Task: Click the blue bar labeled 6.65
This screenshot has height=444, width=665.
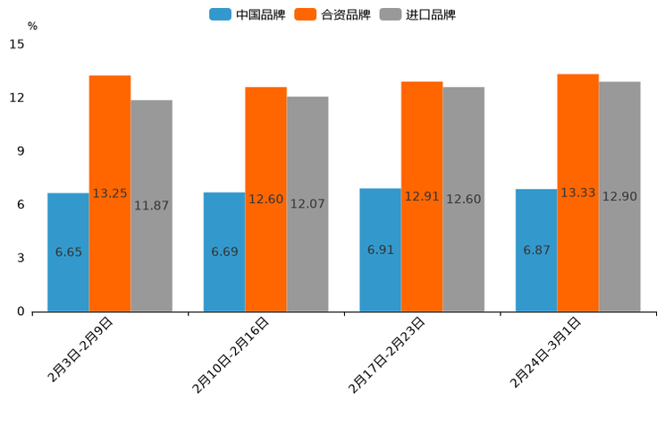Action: [x=68, y=252]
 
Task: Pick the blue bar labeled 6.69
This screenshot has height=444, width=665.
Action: [x=224, y=252]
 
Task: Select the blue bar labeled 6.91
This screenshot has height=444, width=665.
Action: [x=380, y=251]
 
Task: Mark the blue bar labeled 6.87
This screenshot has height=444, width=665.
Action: [x=536, y=251]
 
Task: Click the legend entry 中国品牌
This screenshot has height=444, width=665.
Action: [x=248, y=14]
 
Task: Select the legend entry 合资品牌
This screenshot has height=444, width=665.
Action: [x=332, y=14]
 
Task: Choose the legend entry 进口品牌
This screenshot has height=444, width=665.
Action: [x=417, y=14]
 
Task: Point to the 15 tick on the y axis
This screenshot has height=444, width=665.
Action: [x=19, y=44]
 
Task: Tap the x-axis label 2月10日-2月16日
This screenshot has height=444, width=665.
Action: [x=231, y=355]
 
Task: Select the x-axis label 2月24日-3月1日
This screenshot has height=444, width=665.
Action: [x=545, y=353]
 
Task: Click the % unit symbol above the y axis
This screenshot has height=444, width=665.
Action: [x=32, y=26]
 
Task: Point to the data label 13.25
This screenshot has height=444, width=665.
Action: [x=110, y=193]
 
